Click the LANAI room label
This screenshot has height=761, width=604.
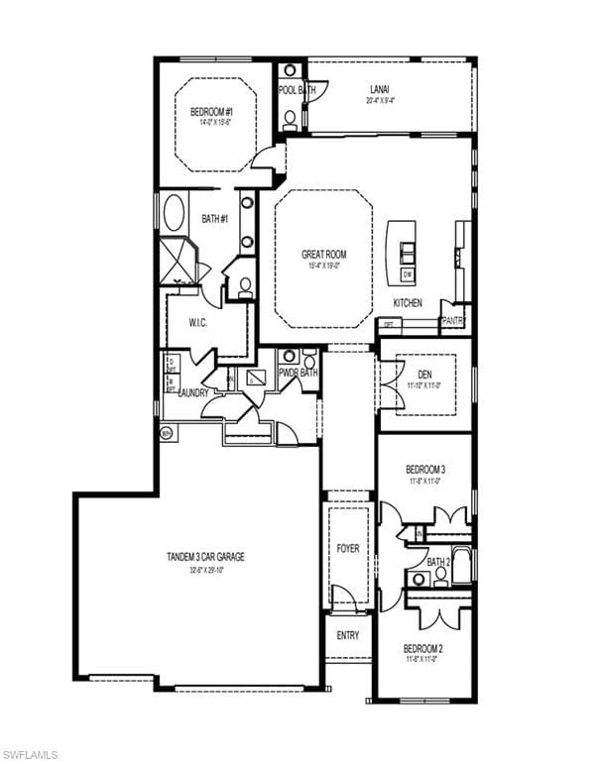point(380,89)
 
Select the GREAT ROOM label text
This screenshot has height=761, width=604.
point(323,255)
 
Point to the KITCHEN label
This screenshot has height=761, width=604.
point(408,302)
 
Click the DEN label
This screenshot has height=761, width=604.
point(424,374)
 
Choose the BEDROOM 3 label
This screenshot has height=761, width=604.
point(424,469)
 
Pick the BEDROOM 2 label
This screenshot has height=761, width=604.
point(423,649)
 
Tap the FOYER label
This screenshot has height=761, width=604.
point(347,548)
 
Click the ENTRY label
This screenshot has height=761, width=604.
point(347,635)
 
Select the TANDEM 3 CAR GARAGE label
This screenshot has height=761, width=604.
point(205,557)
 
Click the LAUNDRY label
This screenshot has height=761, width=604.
point(192,392)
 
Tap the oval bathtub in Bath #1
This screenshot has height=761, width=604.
point(174,214)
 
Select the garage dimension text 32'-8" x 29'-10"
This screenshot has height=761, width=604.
point(204,571)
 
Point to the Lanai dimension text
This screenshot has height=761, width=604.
point(380,100)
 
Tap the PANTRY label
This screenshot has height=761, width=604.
point(453,321)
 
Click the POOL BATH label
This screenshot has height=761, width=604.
point(295,90)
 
